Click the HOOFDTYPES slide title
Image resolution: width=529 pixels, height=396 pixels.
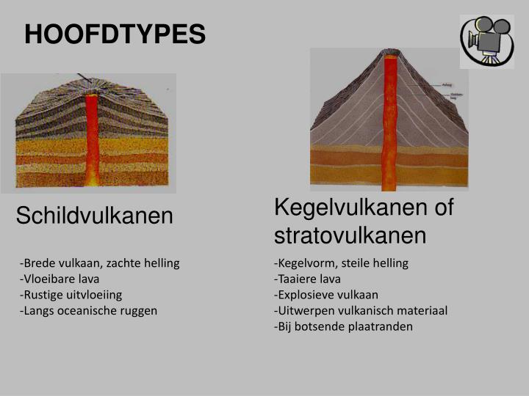tap(115, 34)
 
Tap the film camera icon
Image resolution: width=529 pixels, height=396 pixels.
tap(486, 40)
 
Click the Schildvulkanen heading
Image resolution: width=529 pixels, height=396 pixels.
tap(95, 216)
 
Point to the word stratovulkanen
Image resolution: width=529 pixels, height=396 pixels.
tap(350, 235)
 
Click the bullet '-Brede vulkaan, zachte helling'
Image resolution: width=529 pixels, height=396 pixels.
tap(100, 263)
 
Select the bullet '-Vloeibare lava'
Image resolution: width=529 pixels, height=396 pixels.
tap(60, 279)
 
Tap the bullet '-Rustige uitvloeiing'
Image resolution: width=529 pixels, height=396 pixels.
tap(71, 294)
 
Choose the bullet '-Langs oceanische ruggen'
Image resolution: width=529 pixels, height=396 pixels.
tap(89, 310)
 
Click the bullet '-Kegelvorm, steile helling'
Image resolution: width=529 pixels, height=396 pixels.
tap(341, 263)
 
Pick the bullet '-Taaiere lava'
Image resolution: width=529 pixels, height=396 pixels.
tap(307, 279)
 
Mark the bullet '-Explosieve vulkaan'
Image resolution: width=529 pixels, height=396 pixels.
tap(326, 294)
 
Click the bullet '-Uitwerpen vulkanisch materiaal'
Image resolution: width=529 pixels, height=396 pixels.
tap(361, 310)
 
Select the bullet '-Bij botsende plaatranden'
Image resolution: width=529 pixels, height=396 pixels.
tap(343, 326)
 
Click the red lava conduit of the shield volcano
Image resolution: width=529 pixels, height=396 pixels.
tap(92, 139)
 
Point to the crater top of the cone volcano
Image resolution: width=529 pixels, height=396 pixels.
tap(389, 53)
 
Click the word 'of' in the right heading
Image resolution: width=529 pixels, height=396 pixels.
tap(444, 208)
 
